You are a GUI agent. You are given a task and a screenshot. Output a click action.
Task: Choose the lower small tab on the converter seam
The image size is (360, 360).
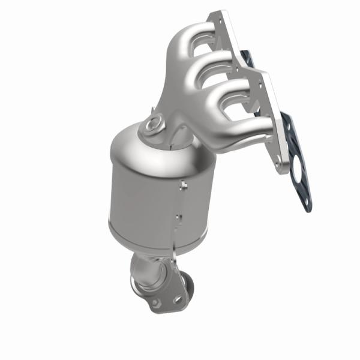pyautogui.click(x=178, y=214)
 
